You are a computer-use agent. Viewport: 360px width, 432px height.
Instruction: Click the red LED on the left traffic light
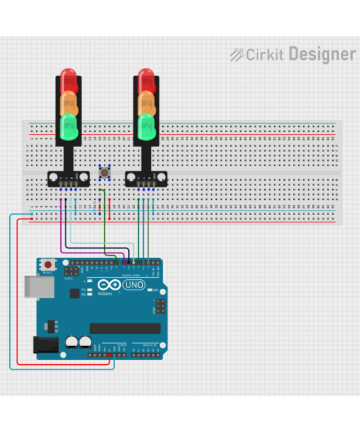(68, 80)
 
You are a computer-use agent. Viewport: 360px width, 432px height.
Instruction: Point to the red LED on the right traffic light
(146, 80)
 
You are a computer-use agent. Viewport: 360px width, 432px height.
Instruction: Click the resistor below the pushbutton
(99, 207)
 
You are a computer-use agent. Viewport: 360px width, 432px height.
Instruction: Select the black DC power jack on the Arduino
(46, 345)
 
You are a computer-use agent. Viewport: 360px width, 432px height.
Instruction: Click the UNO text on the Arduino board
(134, 285)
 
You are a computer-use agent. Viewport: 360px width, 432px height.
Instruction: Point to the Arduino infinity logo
(109, 285)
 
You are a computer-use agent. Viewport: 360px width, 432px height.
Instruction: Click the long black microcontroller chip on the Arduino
(125, 328)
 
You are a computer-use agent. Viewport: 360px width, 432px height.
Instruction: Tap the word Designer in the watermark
(322, 54)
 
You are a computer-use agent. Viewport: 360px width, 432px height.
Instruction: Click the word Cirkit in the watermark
(265, 55)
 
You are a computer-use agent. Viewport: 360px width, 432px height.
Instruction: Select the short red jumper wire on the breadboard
(109, 208)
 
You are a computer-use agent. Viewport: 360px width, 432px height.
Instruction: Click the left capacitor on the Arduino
(72, 342)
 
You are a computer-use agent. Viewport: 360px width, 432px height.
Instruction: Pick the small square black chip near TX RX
(75, 293)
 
